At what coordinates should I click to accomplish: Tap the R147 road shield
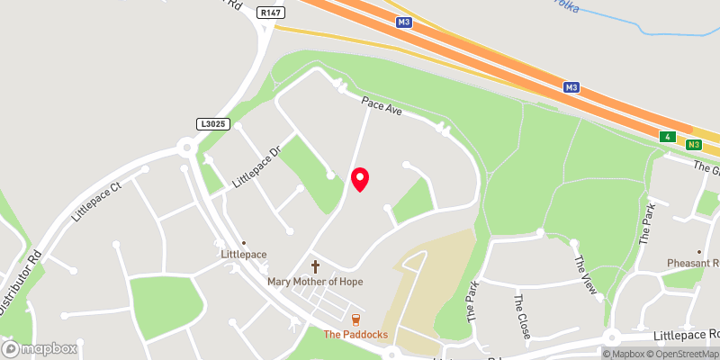[x=266, y=13]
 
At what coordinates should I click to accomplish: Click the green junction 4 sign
[x=667, y=137]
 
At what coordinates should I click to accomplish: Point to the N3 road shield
[x=693, y=144]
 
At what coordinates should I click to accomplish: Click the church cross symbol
[x=315, y=266]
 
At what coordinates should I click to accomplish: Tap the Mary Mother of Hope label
[x=315, y=282]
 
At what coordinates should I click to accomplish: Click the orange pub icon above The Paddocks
[x=356, y=319]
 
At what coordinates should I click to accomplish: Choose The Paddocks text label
[x=356, y=335]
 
